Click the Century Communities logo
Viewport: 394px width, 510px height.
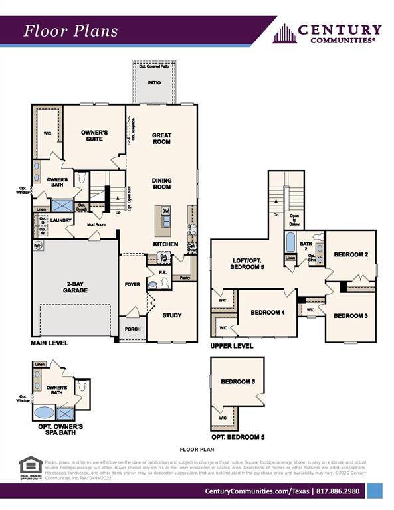click(x=328, y=33)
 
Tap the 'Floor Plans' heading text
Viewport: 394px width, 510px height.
click(x=70, y=31)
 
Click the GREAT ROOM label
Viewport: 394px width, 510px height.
click(x=161, y=139)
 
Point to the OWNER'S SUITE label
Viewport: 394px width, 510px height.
click(x=94, y=135)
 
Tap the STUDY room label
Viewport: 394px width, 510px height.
click(x=171, y=315)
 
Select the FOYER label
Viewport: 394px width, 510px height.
click(x=132, y=284)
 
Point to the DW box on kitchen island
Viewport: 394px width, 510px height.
click(x=165, y=211)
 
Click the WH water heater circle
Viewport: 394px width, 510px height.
click(x=38, y=245)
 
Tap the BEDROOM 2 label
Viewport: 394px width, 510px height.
click(x=350, y=254)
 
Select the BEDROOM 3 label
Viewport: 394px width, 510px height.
click(x=350, y=316)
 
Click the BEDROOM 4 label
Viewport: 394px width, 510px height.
click(x=267, y=313)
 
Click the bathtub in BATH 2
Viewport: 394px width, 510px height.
click(x=290, y=243)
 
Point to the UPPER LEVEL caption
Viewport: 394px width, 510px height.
click(x=231, y=346)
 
